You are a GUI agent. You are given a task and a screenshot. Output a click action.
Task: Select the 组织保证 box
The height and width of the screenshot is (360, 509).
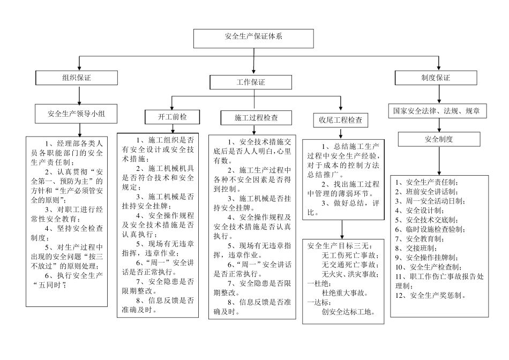pyautogui.click(x=79, y=78)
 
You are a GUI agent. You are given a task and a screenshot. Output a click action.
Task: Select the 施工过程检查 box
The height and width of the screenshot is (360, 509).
pyautogui.click(x=256, y=117)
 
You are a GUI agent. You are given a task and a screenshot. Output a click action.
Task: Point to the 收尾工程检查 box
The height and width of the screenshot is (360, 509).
pyautogui.click(x=340, y=120)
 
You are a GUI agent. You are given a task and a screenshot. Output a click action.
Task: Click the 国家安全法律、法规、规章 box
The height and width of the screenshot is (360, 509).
pyautogui.click(x=437, y=111)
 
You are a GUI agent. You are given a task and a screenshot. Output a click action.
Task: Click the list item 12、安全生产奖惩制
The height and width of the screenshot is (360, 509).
pyautogui.click(x=430, y=295)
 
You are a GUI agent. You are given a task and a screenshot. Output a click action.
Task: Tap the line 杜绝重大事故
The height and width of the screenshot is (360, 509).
pyautogui.click(x=345, y=293)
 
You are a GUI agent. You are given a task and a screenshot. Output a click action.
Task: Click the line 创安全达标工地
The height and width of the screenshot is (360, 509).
pyautogui.click(x=348, y=312)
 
